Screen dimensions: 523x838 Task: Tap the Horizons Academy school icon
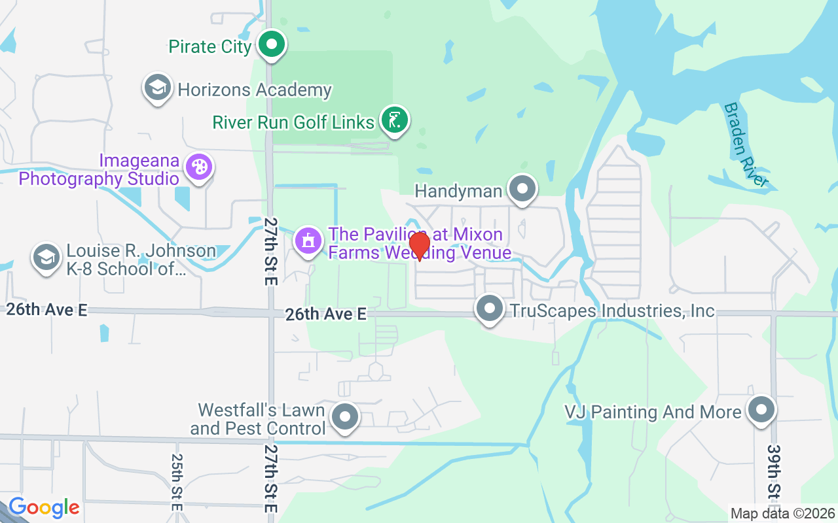pyautogui.click(x=158, y=88)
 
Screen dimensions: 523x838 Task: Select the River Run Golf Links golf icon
pyautogui.click(x=393, y=120)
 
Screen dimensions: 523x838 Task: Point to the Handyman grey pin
pyautogui.click(x=522, y=189)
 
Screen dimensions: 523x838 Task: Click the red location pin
pyautogui.click(x=419, y=246)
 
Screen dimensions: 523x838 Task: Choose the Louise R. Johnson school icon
pyautogui.click(x=46, y=257)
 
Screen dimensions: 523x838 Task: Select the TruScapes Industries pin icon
pyautogui.click(x=489, y=309)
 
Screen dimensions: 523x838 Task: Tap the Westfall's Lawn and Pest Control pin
pyautogui.click(x=344, y=416)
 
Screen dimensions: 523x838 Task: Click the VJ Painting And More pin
pyautogui.click(x=761, y=410)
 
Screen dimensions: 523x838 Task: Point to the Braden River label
pyautogui.click(x=744, y=145)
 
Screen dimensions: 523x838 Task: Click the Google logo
pyautogui.click(x=44, y=507)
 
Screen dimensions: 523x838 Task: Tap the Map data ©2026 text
pyautogui.click(x=783, y=514)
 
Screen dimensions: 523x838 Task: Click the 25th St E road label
pyautogui.click(x=177, y=482)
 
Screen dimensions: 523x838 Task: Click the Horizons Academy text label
pyautogui.click(x=255, y=90)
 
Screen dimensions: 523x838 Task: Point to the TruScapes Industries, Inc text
pyautogui.click(x=612, y=311)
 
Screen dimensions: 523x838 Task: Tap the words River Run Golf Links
pyautogui.click(x=293, y=122)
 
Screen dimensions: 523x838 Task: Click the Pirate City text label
pyautogui.click(x=210, y=46)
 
